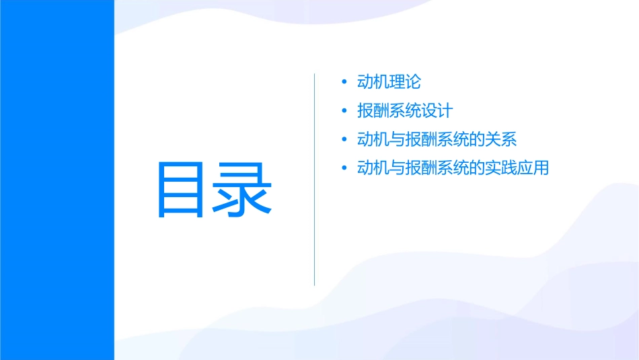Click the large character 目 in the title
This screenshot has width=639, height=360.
tap(184, 190)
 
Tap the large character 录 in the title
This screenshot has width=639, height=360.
tap(244, 190)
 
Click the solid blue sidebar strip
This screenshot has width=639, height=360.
tap(57, 180)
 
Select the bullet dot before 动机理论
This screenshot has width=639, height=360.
tap(344, 82)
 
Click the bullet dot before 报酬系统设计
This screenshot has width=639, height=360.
tap(344, 111)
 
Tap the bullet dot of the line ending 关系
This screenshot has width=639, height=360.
tap(344, 140)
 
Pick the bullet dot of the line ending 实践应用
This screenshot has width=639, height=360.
tap(344, 168)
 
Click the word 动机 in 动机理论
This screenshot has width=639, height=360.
tap(373, 82)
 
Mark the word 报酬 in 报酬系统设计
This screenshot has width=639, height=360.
tap(373, 111)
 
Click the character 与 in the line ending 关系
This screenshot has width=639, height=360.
tap(397, 140)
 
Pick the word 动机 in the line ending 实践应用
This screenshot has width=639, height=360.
tap(373, 168)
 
